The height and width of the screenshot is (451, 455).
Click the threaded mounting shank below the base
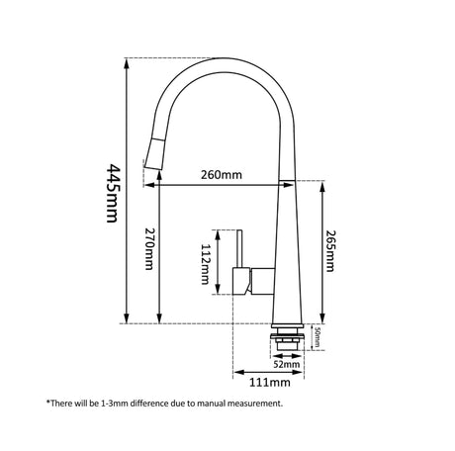coord(285,343)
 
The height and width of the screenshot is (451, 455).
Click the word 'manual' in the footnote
coord(198,404)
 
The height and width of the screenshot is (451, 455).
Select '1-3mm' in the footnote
coord(108,404)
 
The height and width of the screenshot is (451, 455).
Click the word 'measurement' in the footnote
coord(251,404)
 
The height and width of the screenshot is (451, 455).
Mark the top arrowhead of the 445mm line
coord(125,61)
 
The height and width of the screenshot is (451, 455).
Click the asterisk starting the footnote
coord(47,402)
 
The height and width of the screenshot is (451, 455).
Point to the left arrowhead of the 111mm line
coord(235,373)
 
